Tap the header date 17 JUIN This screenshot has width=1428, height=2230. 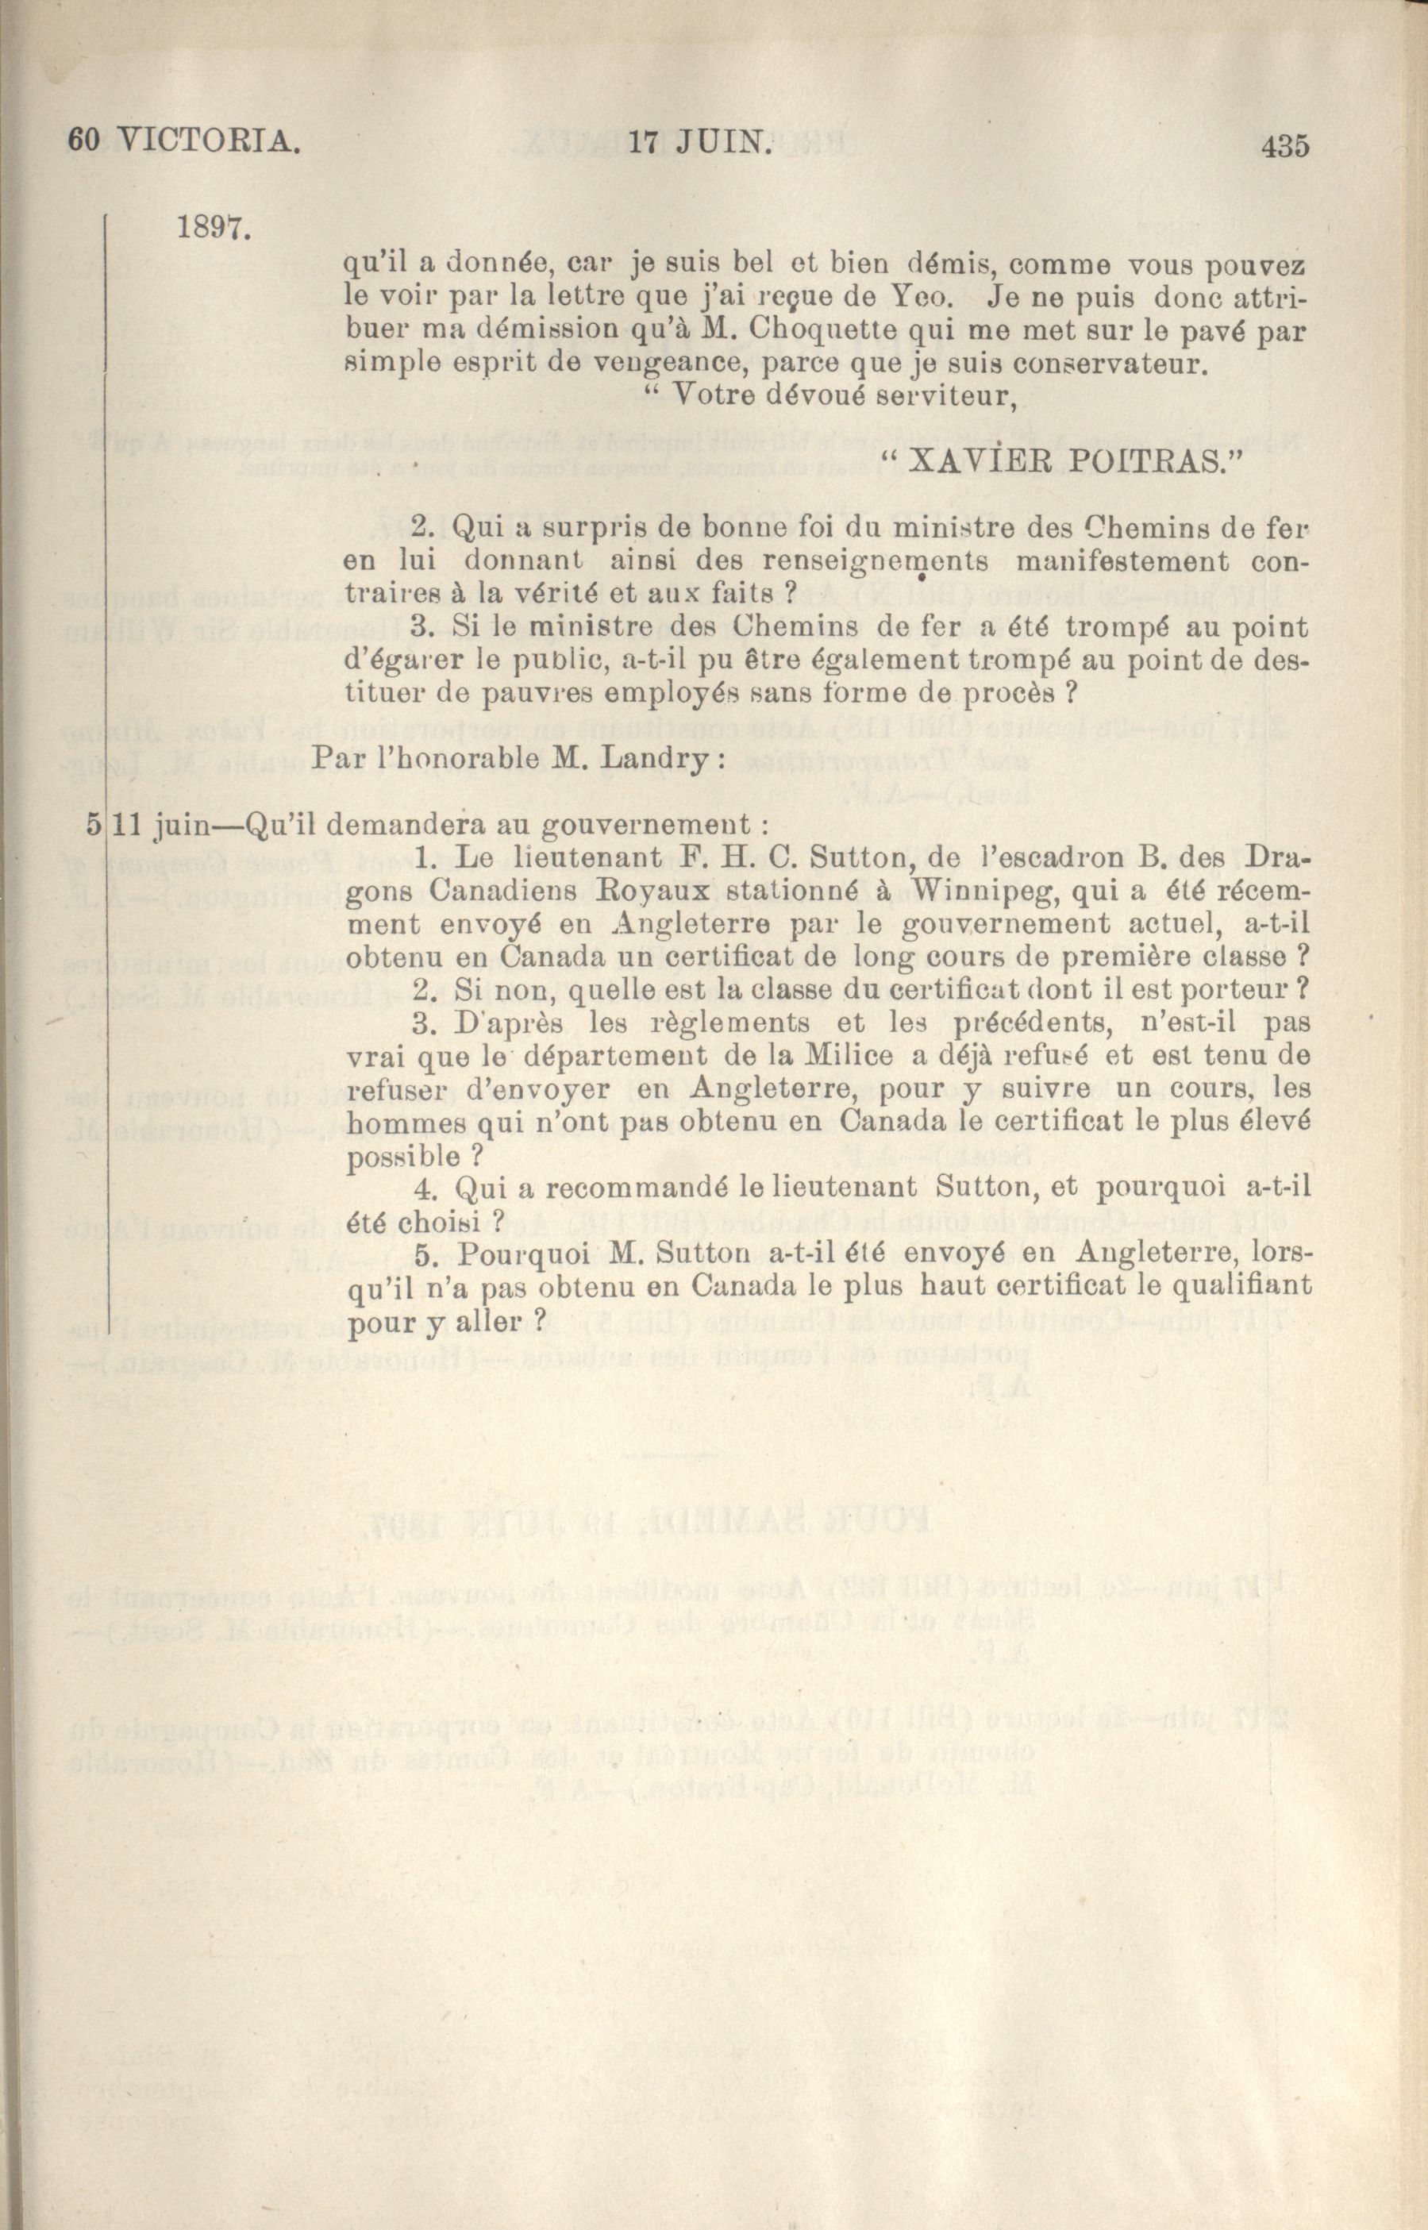(x=700, y=144)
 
